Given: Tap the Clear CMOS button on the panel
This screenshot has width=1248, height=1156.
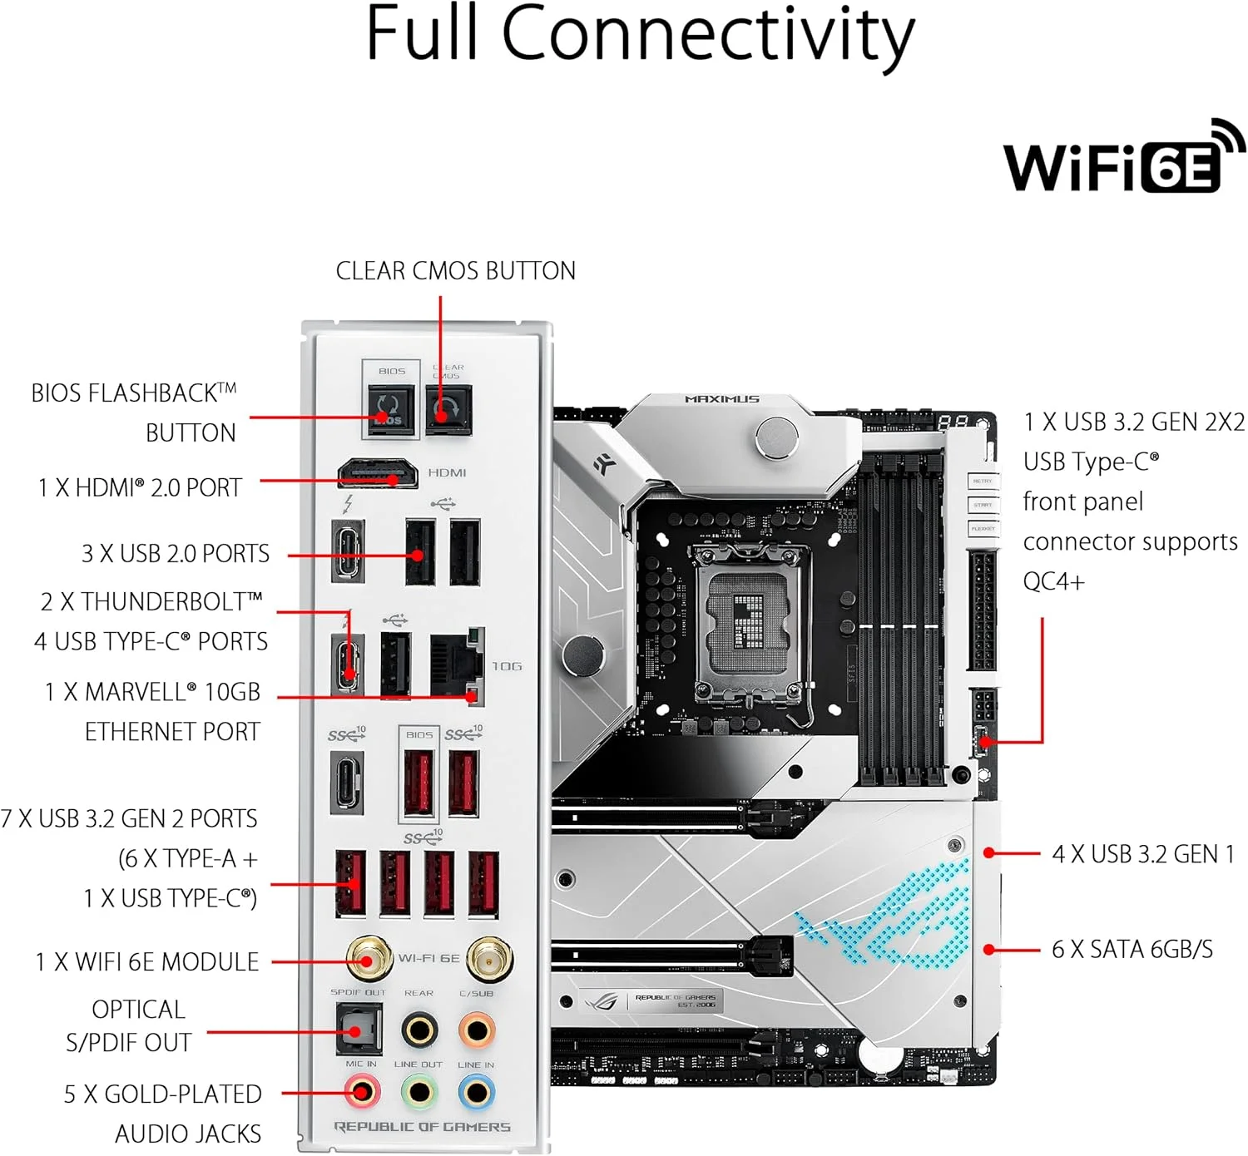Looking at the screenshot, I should [x=448, y=409].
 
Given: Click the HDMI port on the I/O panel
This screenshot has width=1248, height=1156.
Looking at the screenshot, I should [x=378, y=473].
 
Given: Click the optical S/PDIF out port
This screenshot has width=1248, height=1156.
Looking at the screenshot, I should [x=359, y=1029].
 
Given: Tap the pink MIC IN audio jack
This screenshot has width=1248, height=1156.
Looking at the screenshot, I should [x=362, y=1091].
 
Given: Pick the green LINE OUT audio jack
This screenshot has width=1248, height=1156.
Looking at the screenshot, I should [x=419, y=1091].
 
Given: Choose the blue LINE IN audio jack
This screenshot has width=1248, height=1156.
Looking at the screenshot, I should [x=477, y=1091].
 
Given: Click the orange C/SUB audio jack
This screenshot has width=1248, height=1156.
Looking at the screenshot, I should [x=477, y=1030].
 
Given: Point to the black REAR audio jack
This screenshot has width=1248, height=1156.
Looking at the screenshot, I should [x=419, y=1030].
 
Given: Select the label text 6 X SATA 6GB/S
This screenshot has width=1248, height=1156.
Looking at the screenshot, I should [x=1132, y=949].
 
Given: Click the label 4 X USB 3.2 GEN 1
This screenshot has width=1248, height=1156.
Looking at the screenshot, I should [x=1142, y=854].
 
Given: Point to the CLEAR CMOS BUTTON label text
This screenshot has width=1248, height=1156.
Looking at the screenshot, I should [x=455, y=271].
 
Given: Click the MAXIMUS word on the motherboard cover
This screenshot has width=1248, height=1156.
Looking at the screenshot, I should [x=721, y=399].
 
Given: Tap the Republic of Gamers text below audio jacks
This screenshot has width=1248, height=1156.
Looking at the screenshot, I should [x=422, y=1127].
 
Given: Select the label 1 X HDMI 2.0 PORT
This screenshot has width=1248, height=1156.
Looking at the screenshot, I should [x=140, y=487].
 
